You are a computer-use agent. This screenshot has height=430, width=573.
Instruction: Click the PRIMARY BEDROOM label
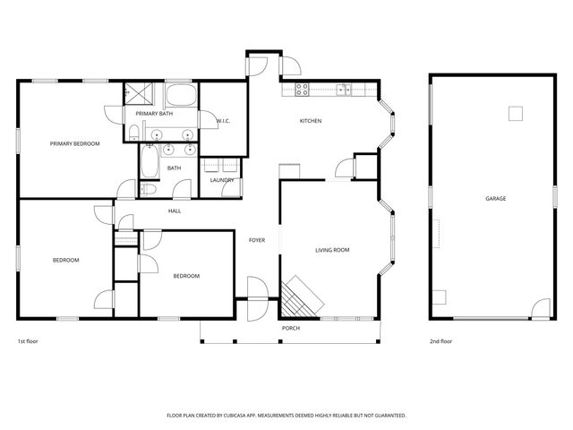click(74, 143)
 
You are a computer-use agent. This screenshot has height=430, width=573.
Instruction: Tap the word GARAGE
click(495, 198)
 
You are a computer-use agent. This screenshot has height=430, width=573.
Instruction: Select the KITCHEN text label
click(311, 121)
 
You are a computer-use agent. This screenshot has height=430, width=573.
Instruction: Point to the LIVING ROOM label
click(331, 250)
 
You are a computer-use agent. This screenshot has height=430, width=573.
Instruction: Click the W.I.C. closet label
click(224, 121)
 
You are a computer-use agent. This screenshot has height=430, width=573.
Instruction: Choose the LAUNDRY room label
click(222, 180)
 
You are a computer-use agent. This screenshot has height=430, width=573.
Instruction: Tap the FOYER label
click(257, 239)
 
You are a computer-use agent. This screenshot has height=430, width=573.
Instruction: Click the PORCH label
click(291, 328)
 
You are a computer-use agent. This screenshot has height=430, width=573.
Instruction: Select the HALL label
click(175, 211)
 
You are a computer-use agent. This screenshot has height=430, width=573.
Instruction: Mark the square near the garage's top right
click(515, 113)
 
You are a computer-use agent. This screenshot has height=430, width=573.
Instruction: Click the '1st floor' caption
click(28, 342)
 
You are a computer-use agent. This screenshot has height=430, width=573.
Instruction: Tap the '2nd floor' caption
click(440, 342)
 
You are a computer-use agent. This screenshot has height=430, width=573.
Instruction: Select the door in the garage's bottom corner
click(539, 309)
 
